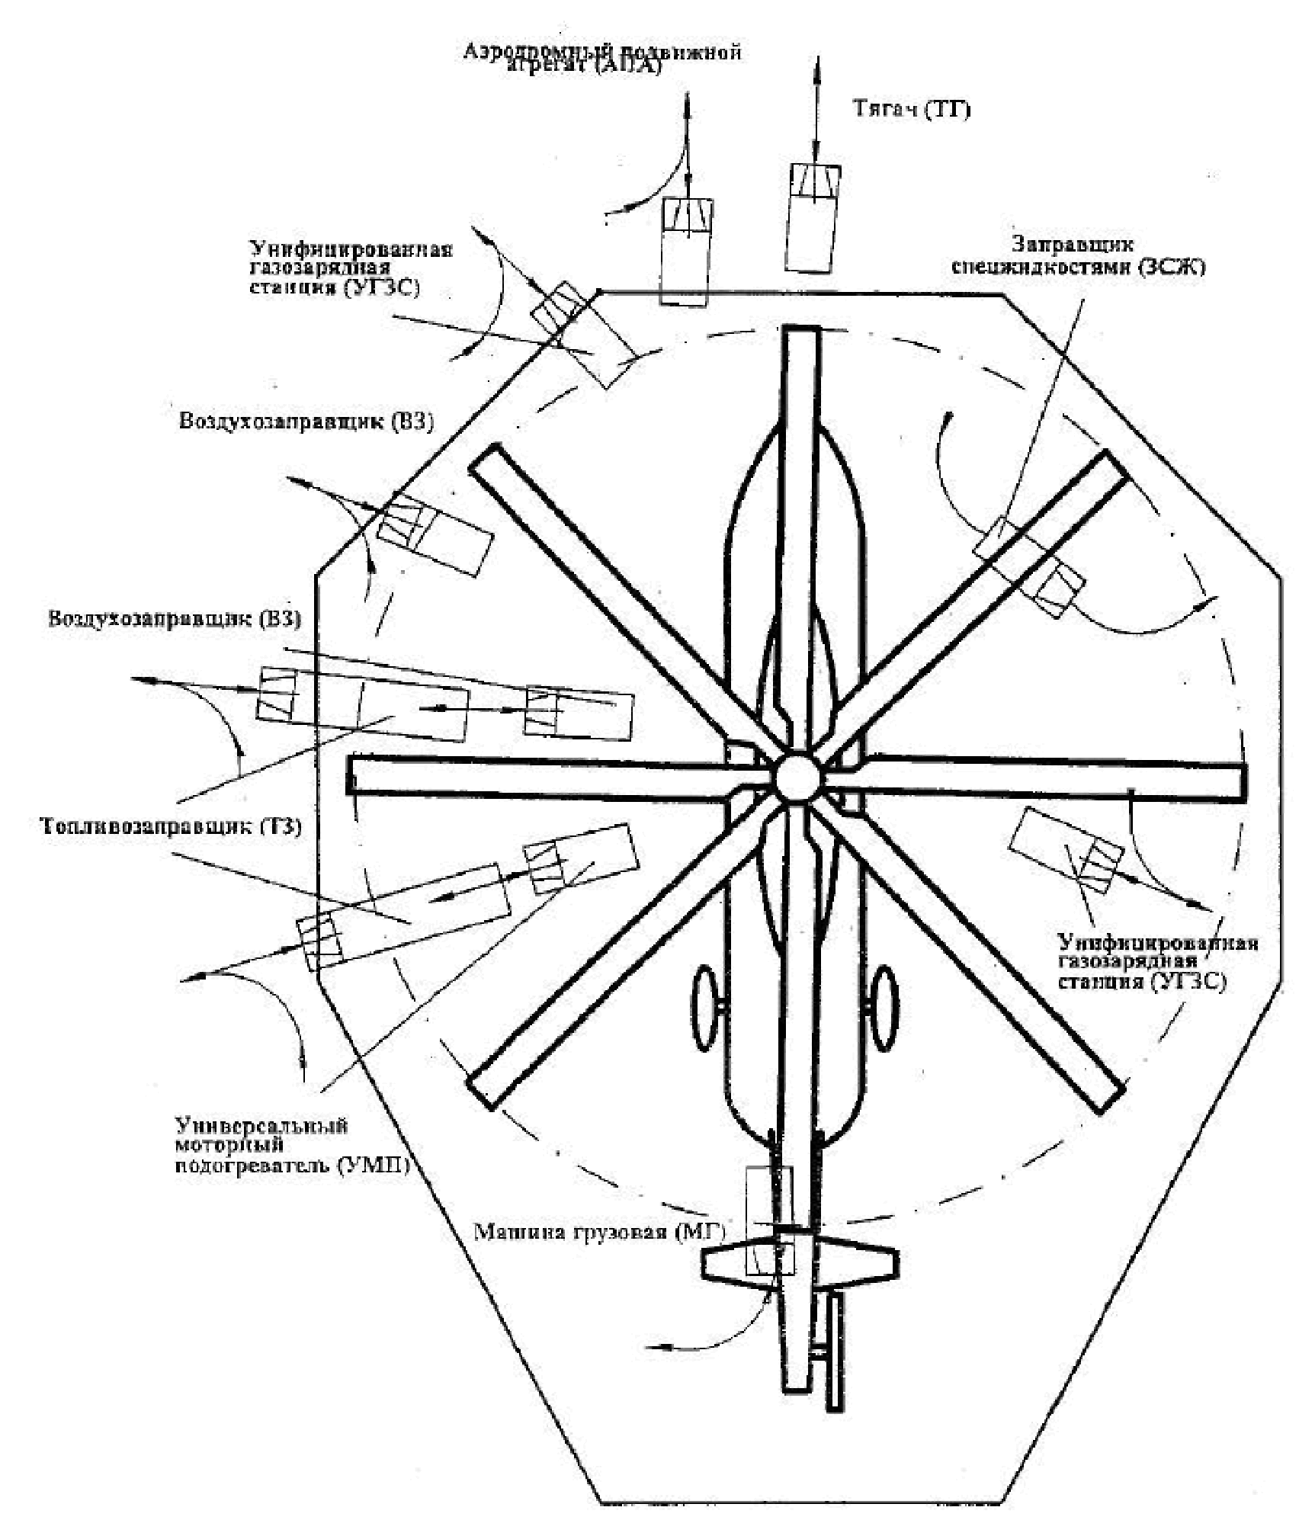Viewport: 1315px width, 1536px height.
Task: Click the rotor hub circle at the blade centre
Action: (797, 777)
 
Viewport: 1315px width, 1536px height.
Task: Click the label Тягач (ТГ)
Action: (911, 109)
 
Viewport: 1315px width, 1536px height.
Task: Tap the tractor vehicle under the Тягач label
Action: (813, 218)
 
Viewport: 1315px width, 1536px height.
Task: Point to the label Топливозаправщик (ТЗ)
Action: (169, 826)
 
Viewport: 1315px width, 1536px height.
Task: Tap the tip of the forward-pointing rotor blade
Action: (801, 335)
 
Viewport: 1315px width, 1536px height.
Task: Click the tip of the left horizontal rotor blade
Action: (357, 775)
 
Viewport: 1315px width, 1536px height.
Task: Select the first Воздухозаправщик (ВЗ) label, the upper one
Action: (306, 422)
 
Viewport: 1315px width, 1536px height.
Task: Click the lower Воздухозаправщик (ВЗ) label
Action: (175, 618)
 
